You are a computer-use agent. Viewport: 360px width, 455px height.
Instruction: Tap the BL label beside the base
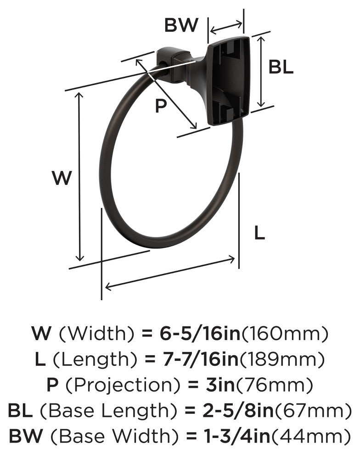coord(281,67)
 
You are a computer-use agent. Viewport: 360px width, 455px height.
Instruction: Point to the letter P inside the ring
coord(161,106)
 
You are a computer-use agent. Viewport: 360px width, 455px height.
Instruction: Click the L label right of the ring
coord(259,233)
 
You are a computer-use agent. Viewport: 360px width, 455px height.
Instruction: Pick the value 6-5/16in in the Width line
coord(200,334)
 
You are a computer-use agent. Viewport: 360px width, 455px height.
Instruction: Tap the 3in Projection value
coord(217,385)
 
